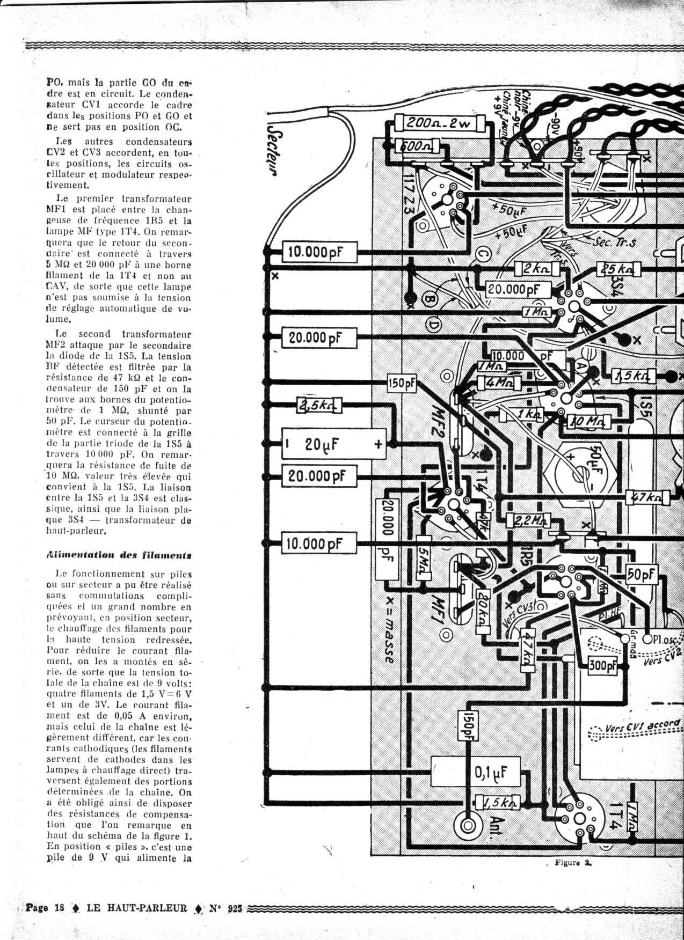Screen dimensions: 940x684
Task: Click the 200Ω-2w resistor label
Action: tap(437, 123)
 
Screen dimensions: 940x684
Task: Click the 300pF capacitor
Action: tap(603, 666)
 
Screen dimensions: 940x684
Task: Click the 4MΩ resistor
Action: tap(498, 383)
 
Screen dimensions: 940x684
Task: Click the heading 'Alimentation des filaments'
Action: tap(119, 555)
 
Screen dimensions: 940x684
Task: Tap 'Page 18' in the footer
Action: tap(45, 908)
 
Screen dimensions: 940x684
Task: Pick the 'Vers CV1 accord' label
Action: tap(642, 726)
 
